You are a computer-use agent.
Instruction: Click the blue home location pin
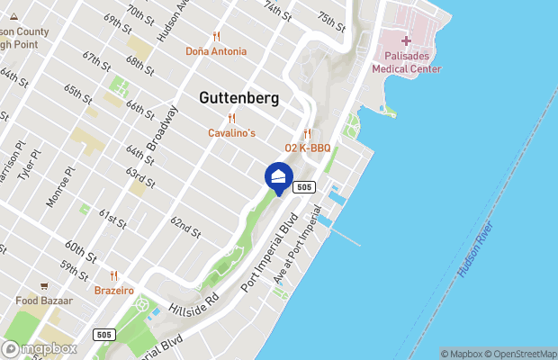point(278,176)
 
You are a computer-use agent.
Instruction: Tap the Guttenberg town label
point(239,98)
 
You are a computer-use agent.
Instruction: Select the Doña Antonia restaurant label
point(216,51)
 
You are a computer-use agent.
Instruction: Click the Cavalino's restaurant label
point(231,133)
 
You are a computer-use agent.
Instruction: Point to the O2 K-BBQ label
point(307,148)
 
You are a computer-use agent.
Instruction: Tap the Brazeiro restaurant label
point(114,291)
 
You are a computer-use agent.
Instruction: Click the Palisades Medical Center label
point(406,60)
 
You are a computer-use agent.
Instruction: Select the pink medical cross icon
point(406,40)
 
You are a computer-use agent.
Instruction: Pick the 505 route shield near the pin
point(304,187)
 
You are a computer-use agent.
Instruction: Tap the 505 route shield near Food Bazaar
point(103,334)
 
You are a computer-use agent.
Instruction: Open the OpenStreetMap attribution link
point(522,354)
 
